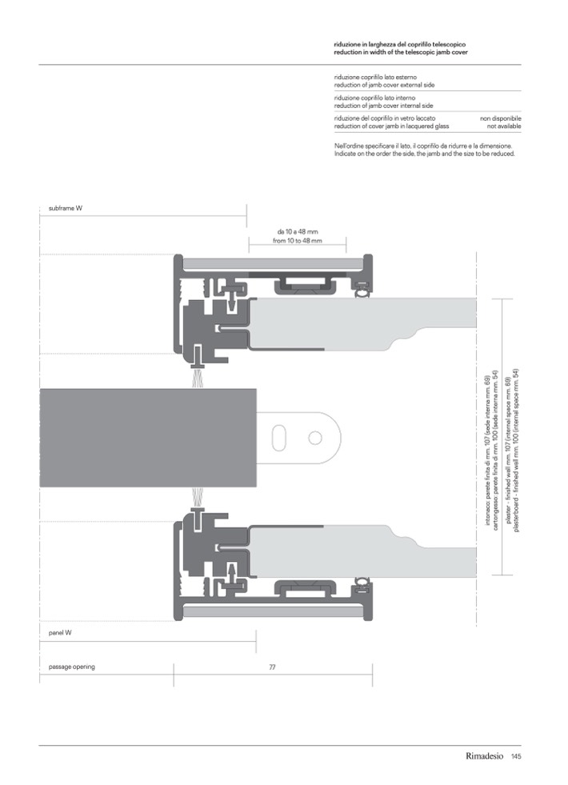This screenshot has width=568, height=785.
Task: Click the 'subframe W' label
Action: [66, 208]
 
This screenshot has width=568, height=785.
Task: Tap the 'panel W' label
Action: [60, 633]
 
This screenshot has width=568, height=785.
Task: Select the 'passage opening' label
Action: [71, 667]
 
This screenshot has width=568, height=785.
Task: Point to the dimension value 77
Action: [272, 667]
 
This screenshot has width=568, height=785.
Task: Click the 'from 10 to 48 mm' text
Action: [298, 241]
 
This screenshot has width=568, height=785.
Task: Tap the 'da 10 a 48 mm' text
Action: [298, 232]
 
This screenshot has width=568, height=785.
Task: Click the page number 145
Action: [516, 756]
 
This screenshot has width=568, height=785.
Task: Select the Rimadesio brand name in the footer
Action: [485, 756]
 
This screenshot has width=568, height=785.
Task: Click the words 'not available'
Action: [504, 126]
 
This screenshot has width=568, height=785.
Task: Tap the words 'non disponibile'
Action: [501, 118]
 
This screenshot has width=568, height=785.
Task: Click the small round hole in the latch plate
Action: [314, 438]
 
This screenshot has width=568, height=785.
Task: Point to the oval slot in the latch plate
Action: [278, 438]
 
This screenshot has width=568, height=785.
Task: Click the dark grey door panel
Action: [148, 438]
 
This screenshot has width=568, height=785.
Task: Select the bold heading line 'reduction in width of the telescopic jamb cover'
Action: [401, 52]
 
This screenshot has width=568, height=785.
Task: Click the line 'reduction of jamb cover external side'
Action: [384, 85]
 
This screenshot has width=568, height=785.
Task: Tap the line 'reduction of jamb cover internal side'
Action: [384, 106]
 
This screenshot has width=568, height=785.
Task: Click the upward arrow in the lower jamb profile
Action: [232, 573]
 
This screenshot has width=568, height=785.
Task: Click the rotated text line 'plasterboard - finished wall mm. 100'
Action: [517, 451]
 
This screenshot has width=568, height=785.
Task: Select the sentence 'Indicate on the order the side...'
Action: [424, 154]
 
